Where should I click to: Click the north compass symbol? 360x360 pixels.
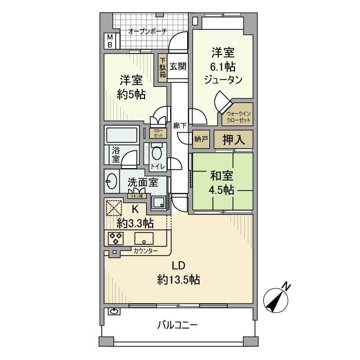277,298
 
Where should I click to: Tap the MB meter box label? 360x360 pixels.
110,41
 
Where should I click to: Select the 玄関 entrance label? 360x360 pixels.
177,67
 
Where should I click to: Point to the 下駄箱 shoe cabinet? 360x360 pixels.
163,67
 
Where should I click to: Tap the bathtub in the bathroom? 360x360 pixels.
121,136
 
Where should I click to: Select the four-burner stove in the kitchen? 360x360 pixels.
115,238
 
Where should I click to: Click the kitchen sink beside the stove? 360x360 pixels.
143,239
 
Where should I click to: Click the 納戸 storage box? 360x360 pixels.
201,139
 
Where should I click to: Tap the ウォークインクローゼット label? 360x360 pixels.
237,117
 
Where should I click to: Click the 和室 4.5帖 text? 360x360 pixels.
222,183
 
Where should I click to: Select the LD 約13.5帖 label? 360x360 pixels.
178,273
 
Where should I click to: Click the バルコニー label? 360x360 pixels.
177,325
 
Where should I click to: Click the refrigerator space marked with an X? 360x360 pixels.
114,208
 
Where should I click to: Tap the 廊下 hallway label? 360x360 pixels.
179,125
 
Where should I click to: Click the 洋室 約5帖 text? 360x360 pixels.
132,87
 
